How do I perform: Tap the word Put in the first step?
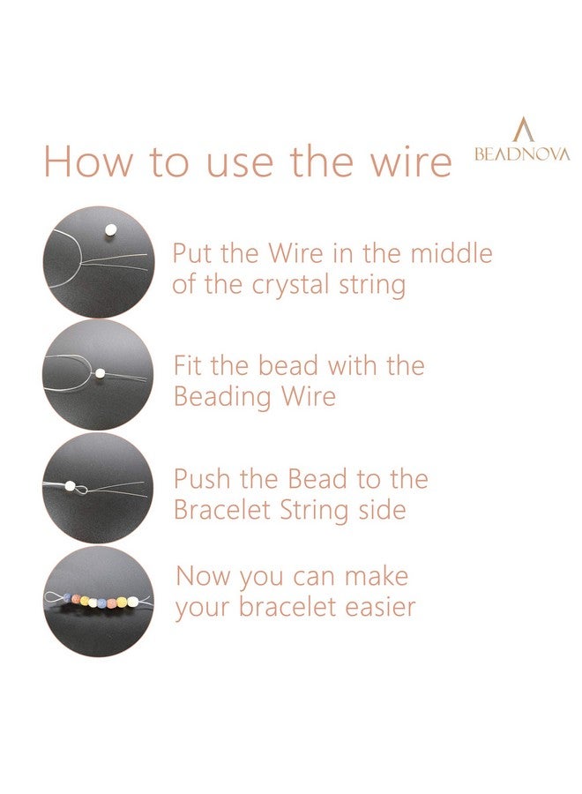click(x=192, y=254)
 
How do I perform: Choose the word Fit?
click(x=189, y=365)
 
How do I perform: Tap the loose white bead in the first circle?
click(x=110, y=230)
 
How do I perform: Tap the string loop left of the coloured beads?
click(x=56, y=599)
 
